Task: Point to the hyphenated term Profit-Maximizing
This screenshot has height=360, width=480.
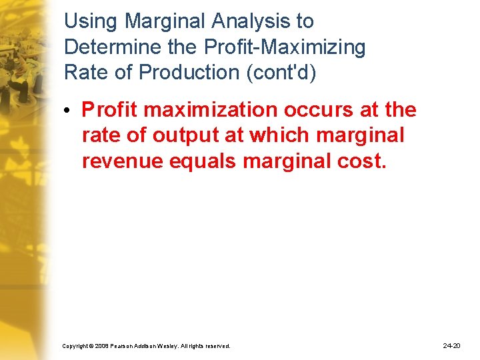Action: [274, 47]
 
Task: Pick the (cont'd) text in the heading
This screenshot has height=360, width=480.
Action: [280, 73]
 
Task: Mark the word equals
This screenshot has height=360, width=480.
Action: [199, 161]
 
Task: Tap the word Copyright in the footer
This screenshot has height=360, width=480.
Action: [75, 346]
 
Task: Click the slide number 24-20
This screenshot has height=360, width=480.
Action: [451, 345]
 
